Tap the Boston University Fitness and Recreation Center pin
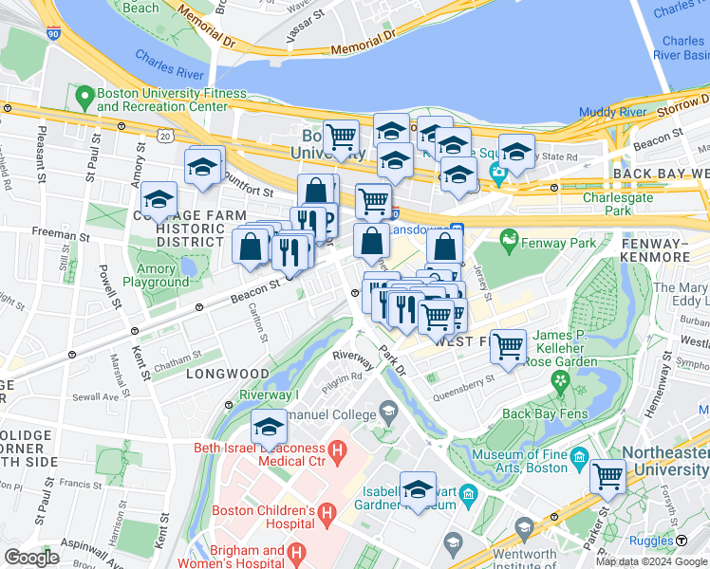click(x=84, y=96)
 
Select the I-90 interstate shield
click(x=52, y=33)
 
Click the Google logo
click(x=31, y=558)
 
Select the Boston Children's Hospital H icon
click(x=327, y=515)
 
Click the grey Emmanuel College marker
click(x=387, y=411)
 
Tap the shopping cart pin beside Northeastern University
click(x=607, y=475)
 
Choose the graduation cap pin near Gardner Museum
click(x=418, y=488)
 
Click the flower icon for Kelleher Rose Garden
click(x=561, y=381)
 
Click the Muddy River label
click(x=612, y=112)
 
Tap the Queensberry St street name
click(x=464, y=381)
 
